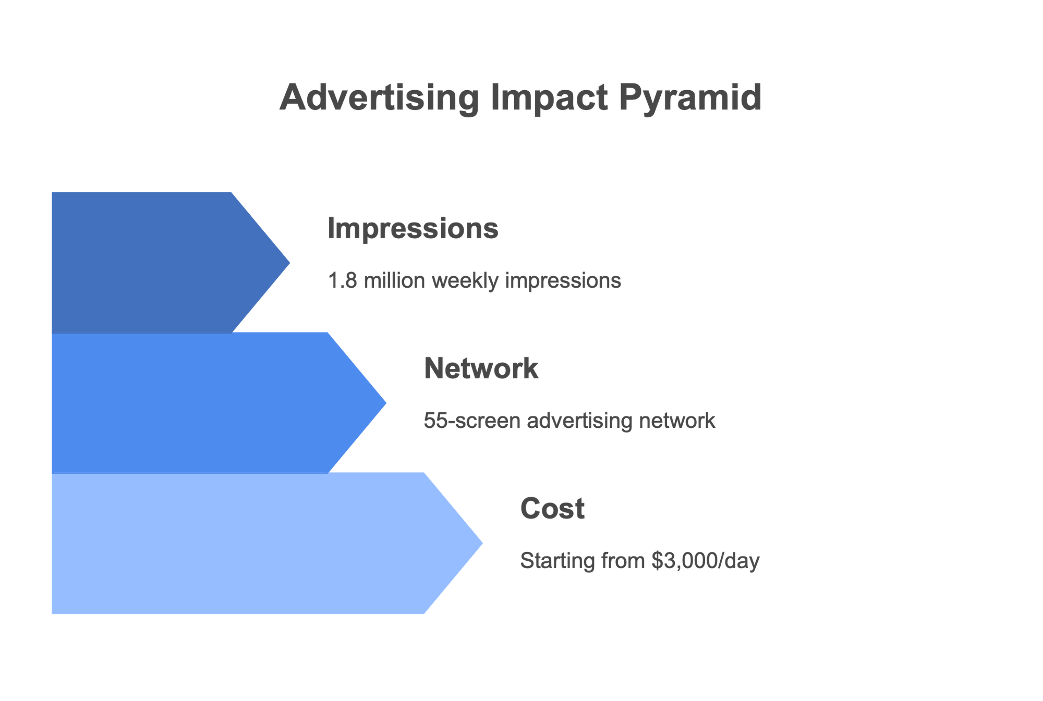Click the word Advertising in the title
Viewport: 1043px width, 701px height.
[379, 98]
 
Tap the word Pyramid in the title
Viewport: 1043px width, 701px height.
[691, 98]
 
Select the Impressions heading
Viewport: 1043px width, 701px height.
[413, 228]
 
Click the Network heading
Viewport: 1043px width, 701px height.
[481, 368]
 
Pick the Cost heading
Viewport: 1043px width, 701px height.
[552, 509]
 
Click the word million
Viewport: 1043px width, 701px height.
[394, 281]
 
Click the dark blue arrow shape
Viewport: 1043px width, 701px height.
[156, 263]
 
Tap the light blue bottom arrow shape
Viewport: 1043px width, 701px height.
[250, 543]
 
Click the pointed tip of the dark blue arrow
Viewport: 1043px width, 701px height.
[289, 263]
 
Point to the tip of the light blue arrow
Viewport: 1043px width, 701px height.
[482, 543]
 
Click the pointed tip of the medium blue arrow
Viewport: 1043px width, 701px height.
[386, 403]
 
